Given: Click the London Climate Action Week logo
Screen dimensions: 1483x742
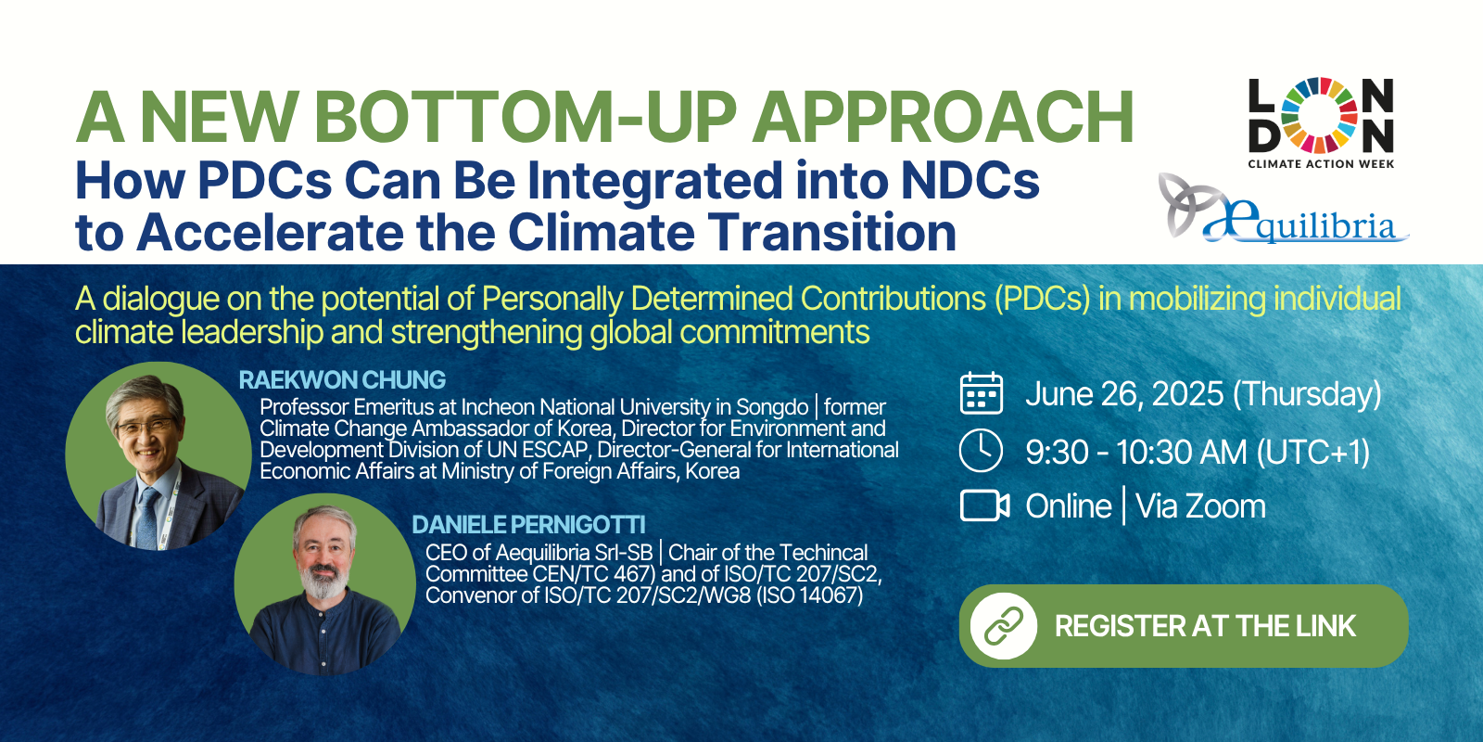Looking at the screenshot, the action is (1322, 122).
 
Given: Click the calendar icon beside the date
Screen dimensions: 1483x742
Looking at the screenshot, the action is (982, 393).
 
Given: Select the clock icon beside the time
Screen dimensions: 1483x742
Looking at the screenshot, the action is (982, 451).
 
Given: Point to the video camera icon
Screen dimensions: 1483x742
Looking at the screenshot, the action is (984, 506).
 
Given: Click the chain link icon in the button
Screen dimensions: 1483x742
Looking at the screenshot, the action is (1004, 626).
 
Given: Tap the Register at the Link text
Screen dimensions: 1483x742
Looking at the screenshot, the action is (1205, 626).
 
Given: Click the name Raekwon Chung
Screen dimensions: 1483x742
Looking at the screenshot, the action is (342, 379).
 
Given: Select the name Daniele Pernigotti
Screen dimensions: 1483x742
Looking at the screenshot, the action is (528, 525).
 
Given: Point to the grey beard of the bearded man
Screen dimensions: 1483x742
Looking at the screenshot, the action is (323, 580).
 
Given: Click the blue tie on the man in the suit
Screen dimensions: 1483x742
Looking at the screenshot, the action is (147, 517).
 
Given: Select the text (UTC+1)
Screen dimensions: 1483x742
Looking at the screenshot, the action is (1312, 452).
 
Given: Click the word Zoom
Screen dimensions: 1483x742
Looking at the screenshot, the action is (1200, 506).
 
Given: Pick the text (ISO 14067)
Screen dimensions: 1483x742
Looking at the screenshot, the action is (810, 595).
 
